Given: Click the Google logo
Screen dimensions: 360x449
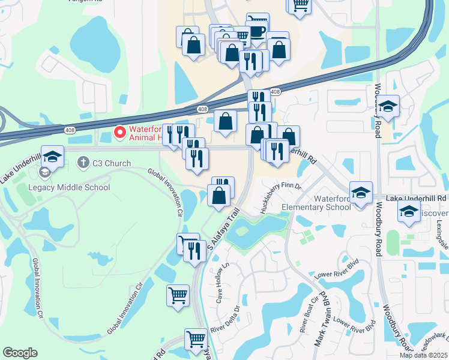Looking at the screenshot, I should [20, 353].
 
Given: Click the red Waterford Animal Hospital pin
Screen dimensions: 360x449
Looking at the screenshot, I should [119, 131].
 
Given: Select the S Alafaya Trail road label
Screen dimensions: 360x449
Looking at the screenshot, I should [223, 229].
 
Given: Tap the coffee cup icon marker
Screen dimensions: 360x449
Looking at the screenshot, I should [257, 29].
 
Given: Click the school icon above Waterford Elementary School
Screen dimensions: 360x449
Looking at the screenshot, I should [361, 193].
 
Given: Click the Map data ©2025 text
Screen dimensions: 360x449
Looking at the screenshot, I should [427, 355].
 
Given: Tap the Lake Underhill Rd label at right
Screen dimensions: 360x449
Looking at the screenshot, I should [417, 197].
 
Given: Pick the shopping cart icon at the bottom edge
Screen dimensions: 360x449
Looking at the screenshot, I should [196, 340].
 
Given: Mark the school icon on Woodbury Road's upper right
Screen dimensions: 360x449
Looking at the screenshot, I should [388, 106].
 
